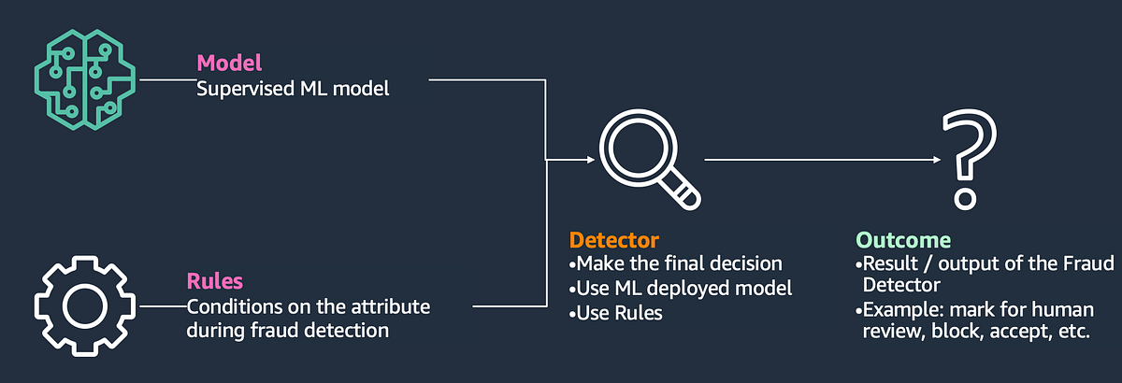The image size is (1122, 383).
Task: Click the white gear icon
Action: (81, 305)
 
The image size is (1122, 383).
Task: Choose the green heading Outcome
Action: (903, 240)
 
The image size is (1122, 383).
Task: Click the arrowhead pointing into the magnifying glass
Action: (589, 160)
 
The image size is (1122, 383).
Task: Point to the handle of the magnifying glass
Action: (686, 192)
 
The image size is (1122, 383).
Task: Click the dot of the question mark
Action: (960, 198)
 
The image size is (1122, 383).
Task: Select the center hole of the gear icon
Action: (81, 305)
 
